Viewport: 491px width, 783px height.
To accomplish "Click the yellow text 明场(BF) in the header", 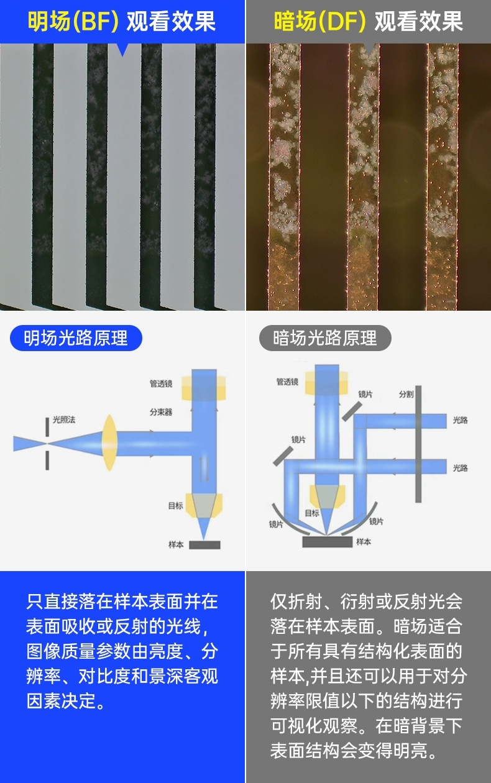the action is click(73, 21).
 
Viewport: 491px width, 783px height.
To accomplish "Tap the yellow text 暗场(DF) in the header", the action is click(320, 21).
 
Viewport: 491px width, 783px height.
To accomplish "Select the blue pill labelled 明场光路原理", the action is click(76, 338).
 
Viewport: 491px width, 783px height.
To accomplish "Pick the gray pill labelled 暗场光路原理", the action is click(325, 338).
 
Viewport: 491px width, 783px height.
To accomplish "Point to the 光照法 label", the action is click(64, 419).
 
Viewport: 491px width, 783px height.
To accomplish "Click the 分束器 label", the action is click(161, 412).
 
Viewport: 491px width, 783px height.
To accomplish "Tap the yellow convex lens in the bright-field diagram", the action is click(109, 443).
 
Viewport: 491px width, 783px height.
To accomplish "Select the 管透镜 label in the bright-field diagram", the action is click(161, 384).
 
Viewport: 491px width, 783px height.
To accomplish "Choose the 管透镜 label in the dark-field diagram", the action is click(287, 382).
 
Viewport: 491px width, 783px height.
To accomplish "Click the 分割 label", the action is click(406, 394).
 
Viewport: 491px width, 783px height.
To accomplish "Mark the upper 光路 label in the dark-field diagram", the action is click(460, 420).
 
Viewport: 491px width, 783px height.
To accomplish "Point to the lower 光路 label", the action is click(460, 468).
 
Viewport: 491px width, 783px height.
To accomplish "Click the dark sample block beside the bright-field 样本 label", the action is click(204, 545).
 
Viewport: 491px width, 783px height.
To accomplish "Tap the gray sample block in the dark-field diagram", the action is click(328, 542).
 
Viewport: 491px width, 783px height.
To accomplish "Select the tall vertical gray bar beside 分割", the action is click(418, 444).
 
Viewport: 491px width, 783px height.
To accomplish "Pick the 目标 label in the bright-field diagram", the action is click(175, 506).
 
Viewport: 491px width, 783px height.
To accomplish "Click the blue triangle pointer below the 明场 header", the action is click(122, 50).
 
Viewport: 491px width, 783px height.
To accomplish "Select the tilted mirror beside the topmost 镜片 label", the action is click(352, 411).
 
